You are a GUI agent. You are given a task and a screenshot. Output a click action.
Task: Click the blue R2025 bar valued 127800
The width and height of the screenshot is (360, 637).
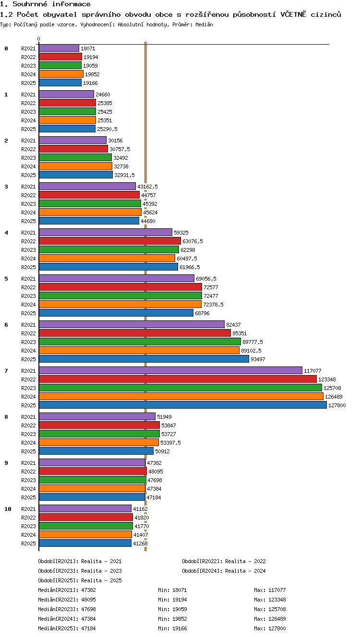183,405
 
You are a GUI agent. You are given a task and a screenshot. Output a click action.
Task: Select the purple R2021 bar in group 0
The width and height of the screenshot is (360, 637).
59,48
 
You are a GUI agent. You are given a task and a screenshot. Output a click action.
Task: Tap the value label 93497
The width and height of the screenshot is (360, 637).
258,359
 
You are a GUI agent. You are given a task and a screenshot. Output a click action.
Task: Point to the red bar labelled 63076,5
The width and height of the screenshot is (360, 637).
110,241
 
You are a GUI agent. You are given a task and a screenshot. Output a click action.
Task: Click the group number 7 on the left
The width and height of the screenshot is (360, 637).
6,370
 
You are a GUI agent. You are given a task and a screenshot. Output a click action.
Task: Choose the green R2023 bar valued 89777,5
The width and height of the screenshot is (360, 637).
140,342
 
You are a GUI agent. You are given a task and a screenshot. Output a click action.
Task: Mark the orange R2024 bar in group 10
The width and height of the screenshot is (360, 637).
85,534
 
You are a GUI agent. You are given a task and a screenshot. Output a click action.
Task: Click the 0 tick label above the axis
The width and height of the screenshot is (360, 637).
39,39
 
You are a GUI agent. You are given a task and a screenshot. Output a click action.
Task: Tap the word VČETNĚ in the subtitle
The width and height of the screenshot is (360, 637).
293,14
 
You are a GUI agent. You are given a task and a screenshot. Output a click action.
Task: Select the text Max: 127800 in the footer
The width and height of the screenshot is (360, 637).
270,628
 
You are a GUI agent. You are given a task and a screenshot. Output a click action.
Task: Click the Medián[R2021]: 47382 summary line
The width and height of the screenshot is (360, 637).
67,590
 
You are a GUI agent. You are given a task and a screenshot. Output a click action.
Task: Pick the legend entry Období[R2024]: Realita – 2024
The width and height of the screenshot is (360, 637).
224,571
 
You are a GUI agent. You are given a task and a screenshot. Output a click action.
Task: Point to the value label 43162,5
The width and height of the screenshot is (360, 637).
147,187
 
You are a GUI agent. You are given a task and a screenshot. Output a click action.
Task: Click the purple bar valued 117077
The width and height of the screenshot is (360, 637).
170,370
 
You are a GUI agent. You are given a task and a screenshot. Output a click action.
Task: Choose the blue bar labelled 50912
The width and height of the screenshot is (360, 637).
96,451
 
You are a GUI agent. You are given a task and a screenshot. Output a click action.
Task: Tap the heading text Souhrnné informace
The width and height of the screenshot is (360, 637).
51,4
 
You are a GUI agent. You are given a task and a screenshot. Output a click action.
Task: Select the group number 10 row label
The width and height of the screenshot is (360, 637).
8,509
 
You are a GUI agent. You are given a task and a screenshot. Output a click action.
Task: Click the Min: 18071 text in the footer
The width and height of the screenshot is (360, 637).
172,590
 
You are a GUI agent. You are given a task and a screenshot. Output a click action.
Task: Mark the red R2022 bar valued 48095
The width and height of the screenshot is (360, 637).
93,471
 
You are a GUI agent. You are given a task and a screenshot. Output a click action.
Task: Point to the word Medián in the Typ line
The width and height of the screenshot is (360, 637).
204,24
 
